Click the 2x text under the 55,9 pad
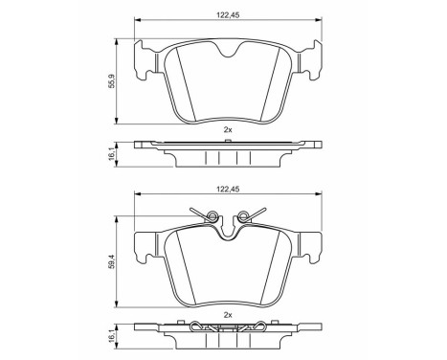(x=227, y=129)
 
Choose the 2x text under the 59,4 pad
(x=227, y=313)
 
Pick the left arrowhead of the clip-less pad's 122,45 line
(x=136, y=20)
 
